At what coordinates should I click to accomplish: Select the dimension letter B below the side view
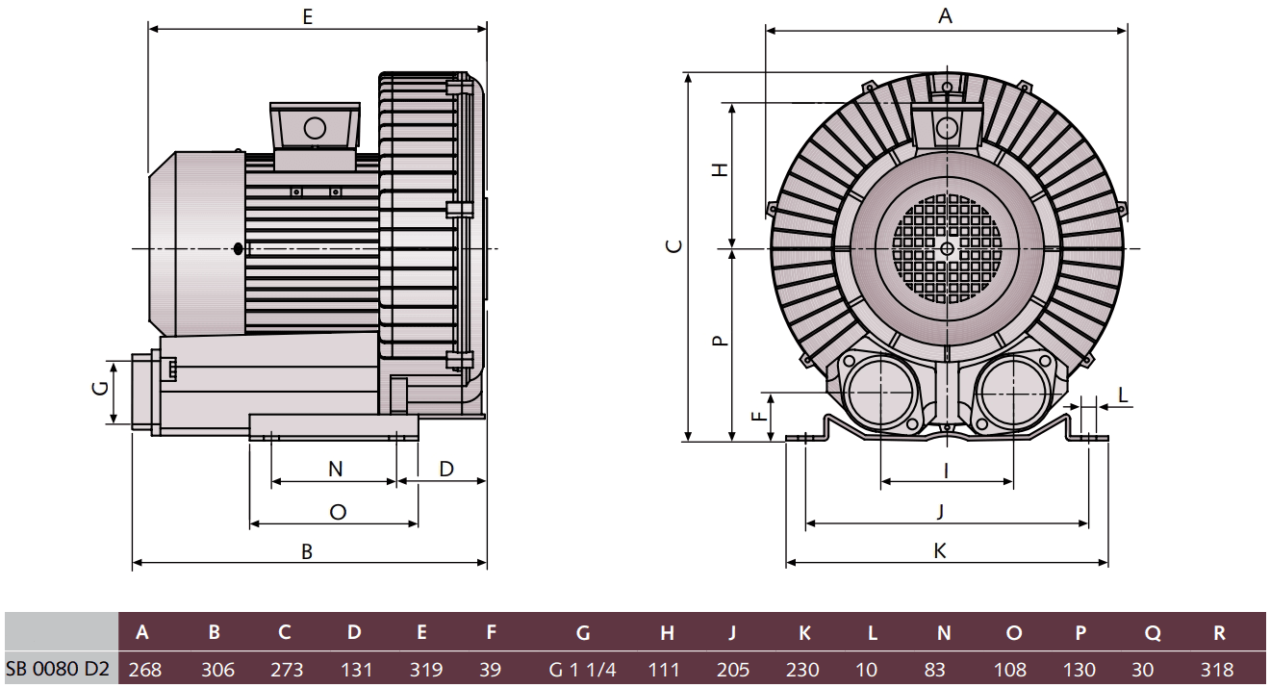pos(308,551)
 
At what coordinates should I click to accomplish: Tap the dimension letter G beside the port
pos(98,389)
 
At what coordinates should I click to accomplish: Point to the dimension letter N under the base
pos(335,469)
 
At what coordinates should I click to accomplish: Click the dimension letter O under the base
pos(338,512)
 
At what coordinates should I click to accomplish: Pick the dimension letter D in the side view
pos(446,469)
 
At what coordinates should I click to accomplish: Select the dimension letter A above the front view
pos(945,15)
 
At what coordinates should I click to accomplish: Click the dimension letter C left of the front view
pos(675,245)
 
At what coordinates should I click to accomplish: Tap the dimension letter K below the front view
pos(940,550)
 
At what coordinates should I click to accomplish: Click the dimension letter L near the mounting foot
pos(1123,394)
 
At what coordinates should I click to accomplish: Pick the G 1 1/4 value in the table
pos(582,669)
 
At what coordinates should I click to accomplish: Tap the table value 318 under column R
pos(1218,669)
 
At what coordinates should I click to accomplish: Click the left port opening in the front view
pos(879,395)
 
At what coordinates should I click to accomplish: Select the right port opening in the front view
pos(1011,395)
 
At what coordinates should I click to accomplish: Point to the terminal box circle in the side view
pos(315,128)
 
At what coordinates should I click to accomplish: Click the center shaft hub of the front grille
pos(947,248)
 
